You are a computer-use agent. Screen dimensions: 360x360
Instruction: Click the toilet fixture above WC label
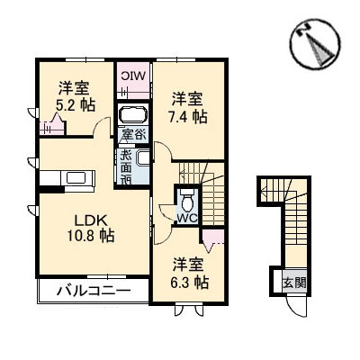[187, 197]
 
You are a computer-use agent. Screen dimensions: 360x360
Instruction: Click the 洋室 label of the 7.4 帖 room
[186, 97]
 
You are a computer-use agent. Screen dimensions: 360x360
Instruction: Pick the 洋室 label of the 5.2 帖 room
[74, 86]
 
